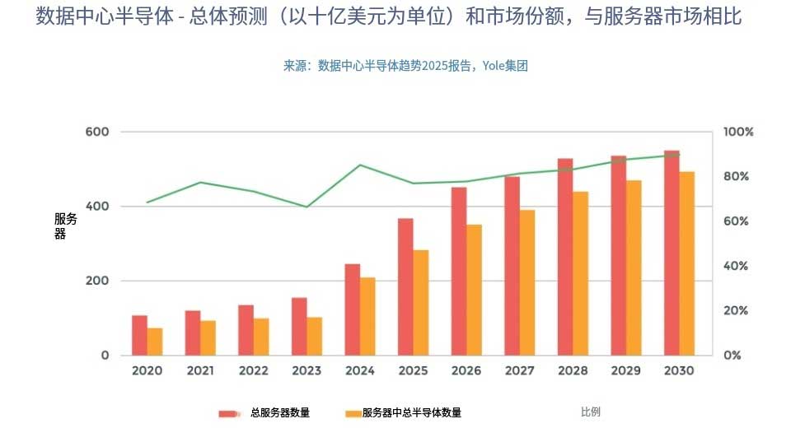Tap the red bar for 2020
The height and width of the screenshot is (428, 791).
tap(139, 336)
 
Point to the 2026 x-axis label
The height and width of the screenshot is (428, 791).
tap(466, 371)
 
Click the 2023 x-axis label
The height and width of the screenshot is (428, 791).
tap(307, 371)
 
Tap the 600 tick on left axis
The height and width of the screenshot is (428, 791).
tap(97, 132)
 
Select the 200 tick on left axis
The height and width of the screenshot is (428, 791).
tap(97, 281)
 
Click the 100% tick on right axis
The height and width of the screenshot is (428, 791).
tap(738, 132)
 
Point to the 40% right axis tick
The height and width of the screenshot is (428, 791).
tap(735, 266)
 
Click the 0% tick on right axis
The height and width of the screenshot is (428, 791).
tap(732, 356)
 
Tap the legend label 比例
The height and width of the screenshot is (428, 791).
tap(591, 412)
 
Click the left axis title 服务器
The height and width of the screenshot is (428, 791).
tap(65, 226)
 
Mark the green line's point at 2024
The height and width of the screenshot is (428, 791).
tap(360, 165)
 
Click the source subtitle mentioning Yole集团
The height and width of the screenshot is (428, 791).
tap(405, 66)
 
